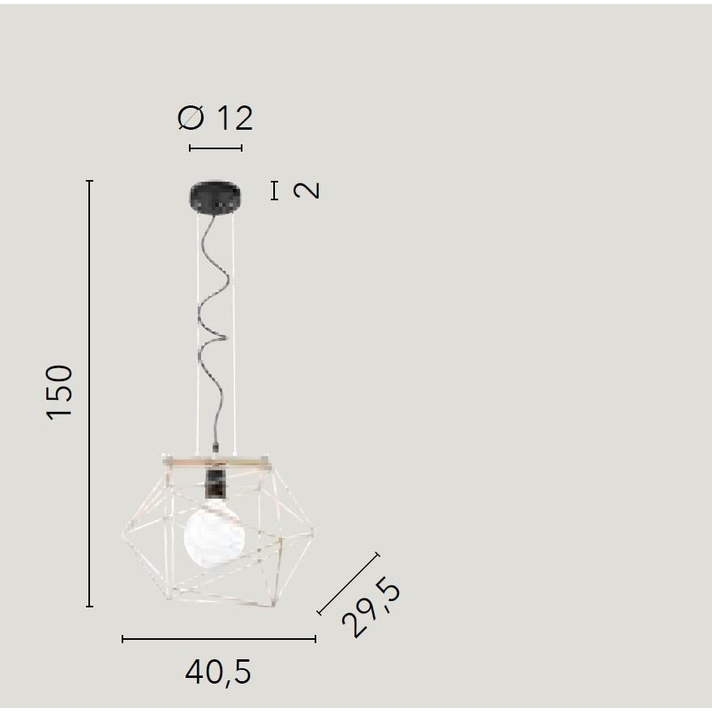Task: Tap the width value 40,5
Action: click(218, 671)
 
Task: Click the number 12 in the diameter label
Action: click(234, 118)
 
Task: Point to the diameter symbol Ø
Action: click(191, 118)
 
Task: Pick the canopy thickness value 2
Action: click(307, 191)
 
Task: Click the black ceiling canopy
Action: click(216, 195)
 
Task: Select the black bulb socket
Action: click(216, 484)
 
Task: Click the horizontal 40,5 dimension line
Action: click(219, 639)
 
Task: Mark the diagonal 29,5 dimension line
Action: click(348, 584)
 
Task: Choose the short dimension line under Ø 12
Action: click(216, 148)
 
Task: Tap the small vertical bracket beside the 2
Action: click(275, 191)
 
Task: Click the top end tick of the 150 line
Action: click(89, 181)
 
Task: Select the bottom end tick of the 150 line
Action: click(89, 606)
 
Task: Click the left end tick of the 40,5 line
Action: click(122, 639)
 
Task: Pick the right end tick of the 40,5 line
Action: click(315, 639)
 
